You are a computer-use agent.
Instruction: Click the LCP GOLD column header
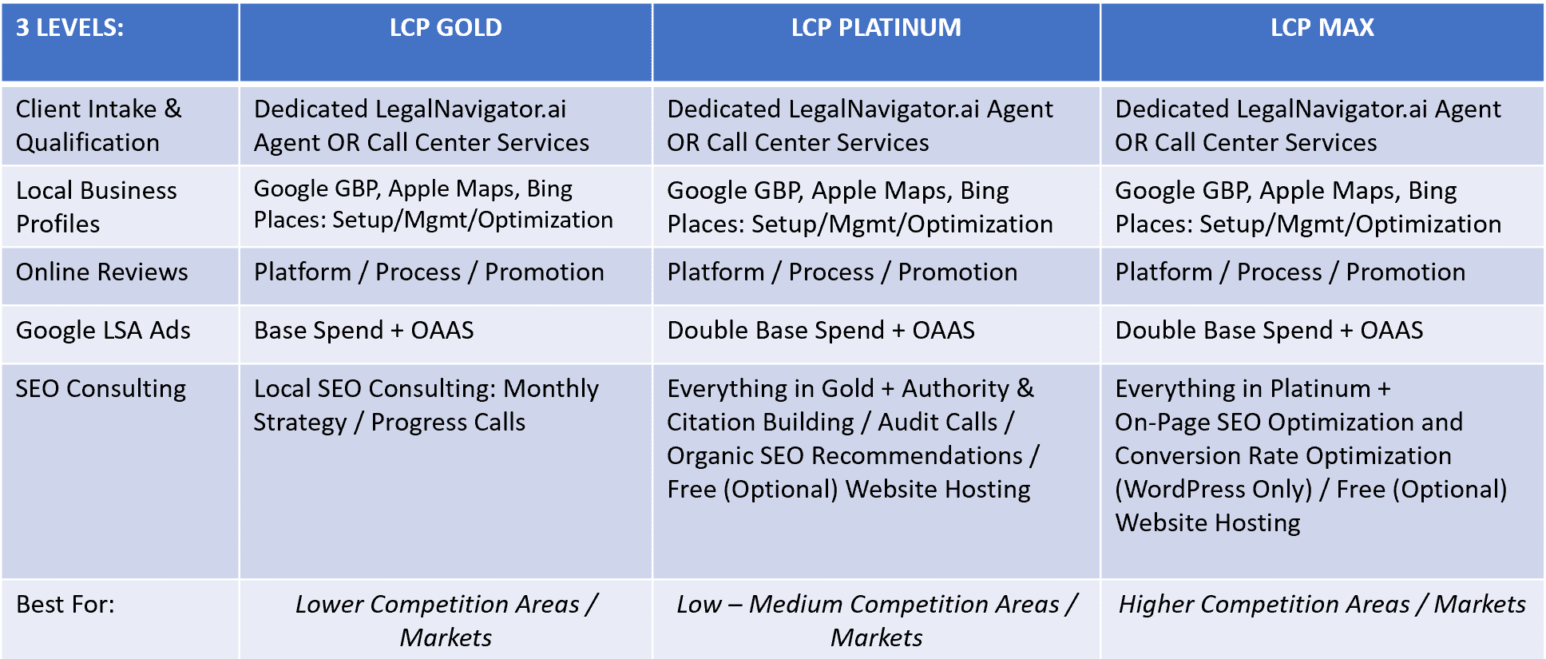pyautogui.click(x=446, y=28)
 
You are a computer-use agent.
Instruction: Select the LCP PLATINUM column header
pyautogui.click(x=876, y=28)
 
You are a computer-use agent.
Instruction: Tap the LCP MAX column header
pyautogui.click(x=1322, y=28)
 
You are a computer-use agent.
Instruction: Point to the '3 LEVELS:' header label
pyautogui.click(x=70, y=28)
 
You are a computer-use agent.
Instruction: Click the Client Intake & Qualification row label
pyautogui.click(x=99, y=125)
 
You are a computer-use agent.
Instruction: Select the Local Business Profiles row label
pyautogui.click(x=97, y=207)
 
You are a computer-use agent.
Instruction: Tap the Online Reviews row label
pyautogui.click(x=102, y=272)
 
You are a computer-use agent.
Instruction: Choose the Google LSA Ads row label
pyautogui.click(x=103, y=330)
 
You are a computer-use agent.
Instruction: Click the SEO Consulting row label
pyautogui.click(x=101, y=389)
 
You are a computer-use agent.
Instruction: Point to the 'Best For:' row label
pyautogui.click(x=65, y=605)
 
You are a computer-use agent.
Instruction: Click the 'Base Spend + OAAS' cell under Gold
pyautogui.click(x=364, y=330)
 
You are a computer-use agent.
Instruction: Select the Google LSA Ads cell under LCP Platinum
pyautogui.click(x=821, y=330)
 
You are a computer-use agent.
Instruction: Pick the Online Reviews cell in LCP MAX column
pyautogui.click(x=1290, y=272)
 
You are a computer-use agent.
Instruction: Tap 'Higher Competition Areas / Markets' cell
pyautogui.click(x=1322, y=605)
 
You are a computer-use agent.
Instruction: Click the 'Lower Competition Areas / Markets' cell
pyautogui.click(x=446, y=621)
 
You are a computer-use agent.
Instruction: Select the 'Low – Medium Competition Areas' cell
pyautogui.click(x=876, y=621)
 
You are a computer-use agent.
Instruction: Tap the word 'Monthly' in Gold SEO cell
pyautogui.click(x=551, y=389)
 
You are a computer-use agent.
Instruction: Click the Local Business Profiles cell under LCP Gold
pyautogui.click(x=434, y=204)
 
